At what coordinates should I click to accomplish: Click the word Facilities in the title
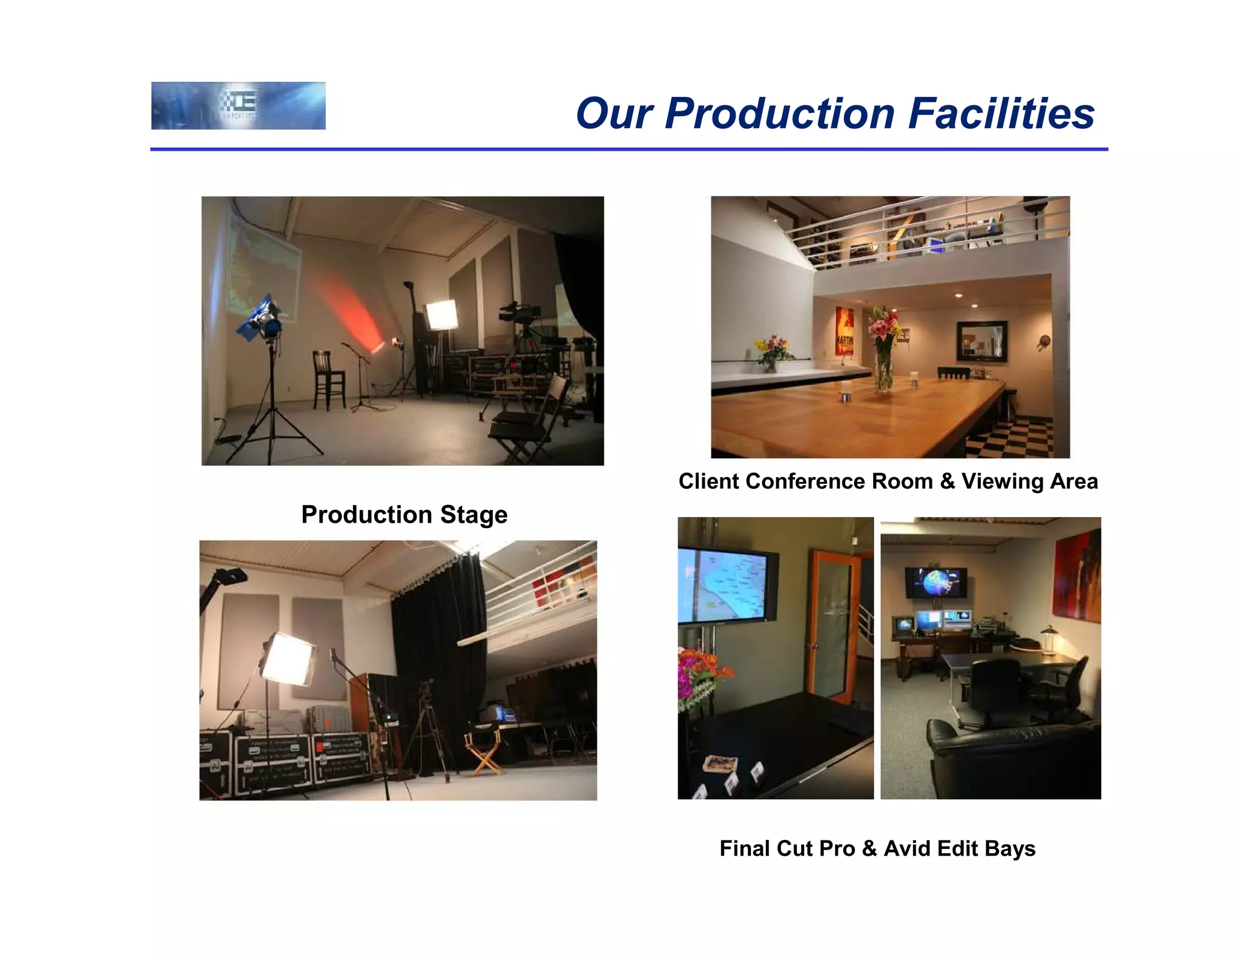(1001, 114)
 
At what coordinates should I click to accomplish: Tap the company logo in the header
(238, 105)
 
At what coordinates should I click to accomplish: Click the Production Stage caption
(404, 515)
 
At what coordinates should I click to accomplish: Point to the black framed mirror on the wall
(981, 342)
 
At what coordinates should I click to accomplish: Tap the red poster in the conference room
(845, 331)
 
